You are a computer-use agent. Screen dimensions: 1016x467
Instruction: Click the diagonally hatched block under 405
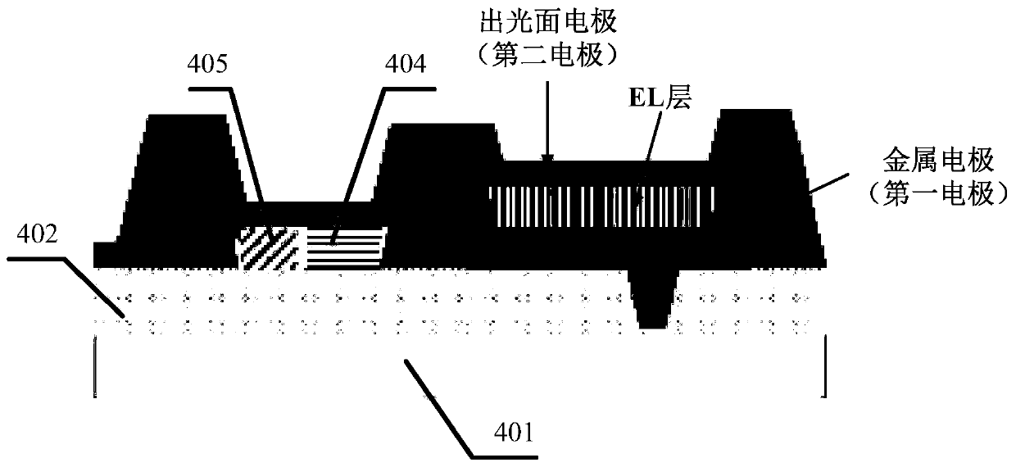click(x=270, y=246)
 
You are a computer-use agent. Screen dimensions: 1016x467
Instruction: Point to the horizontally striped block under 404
click(x=344, y=246)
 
